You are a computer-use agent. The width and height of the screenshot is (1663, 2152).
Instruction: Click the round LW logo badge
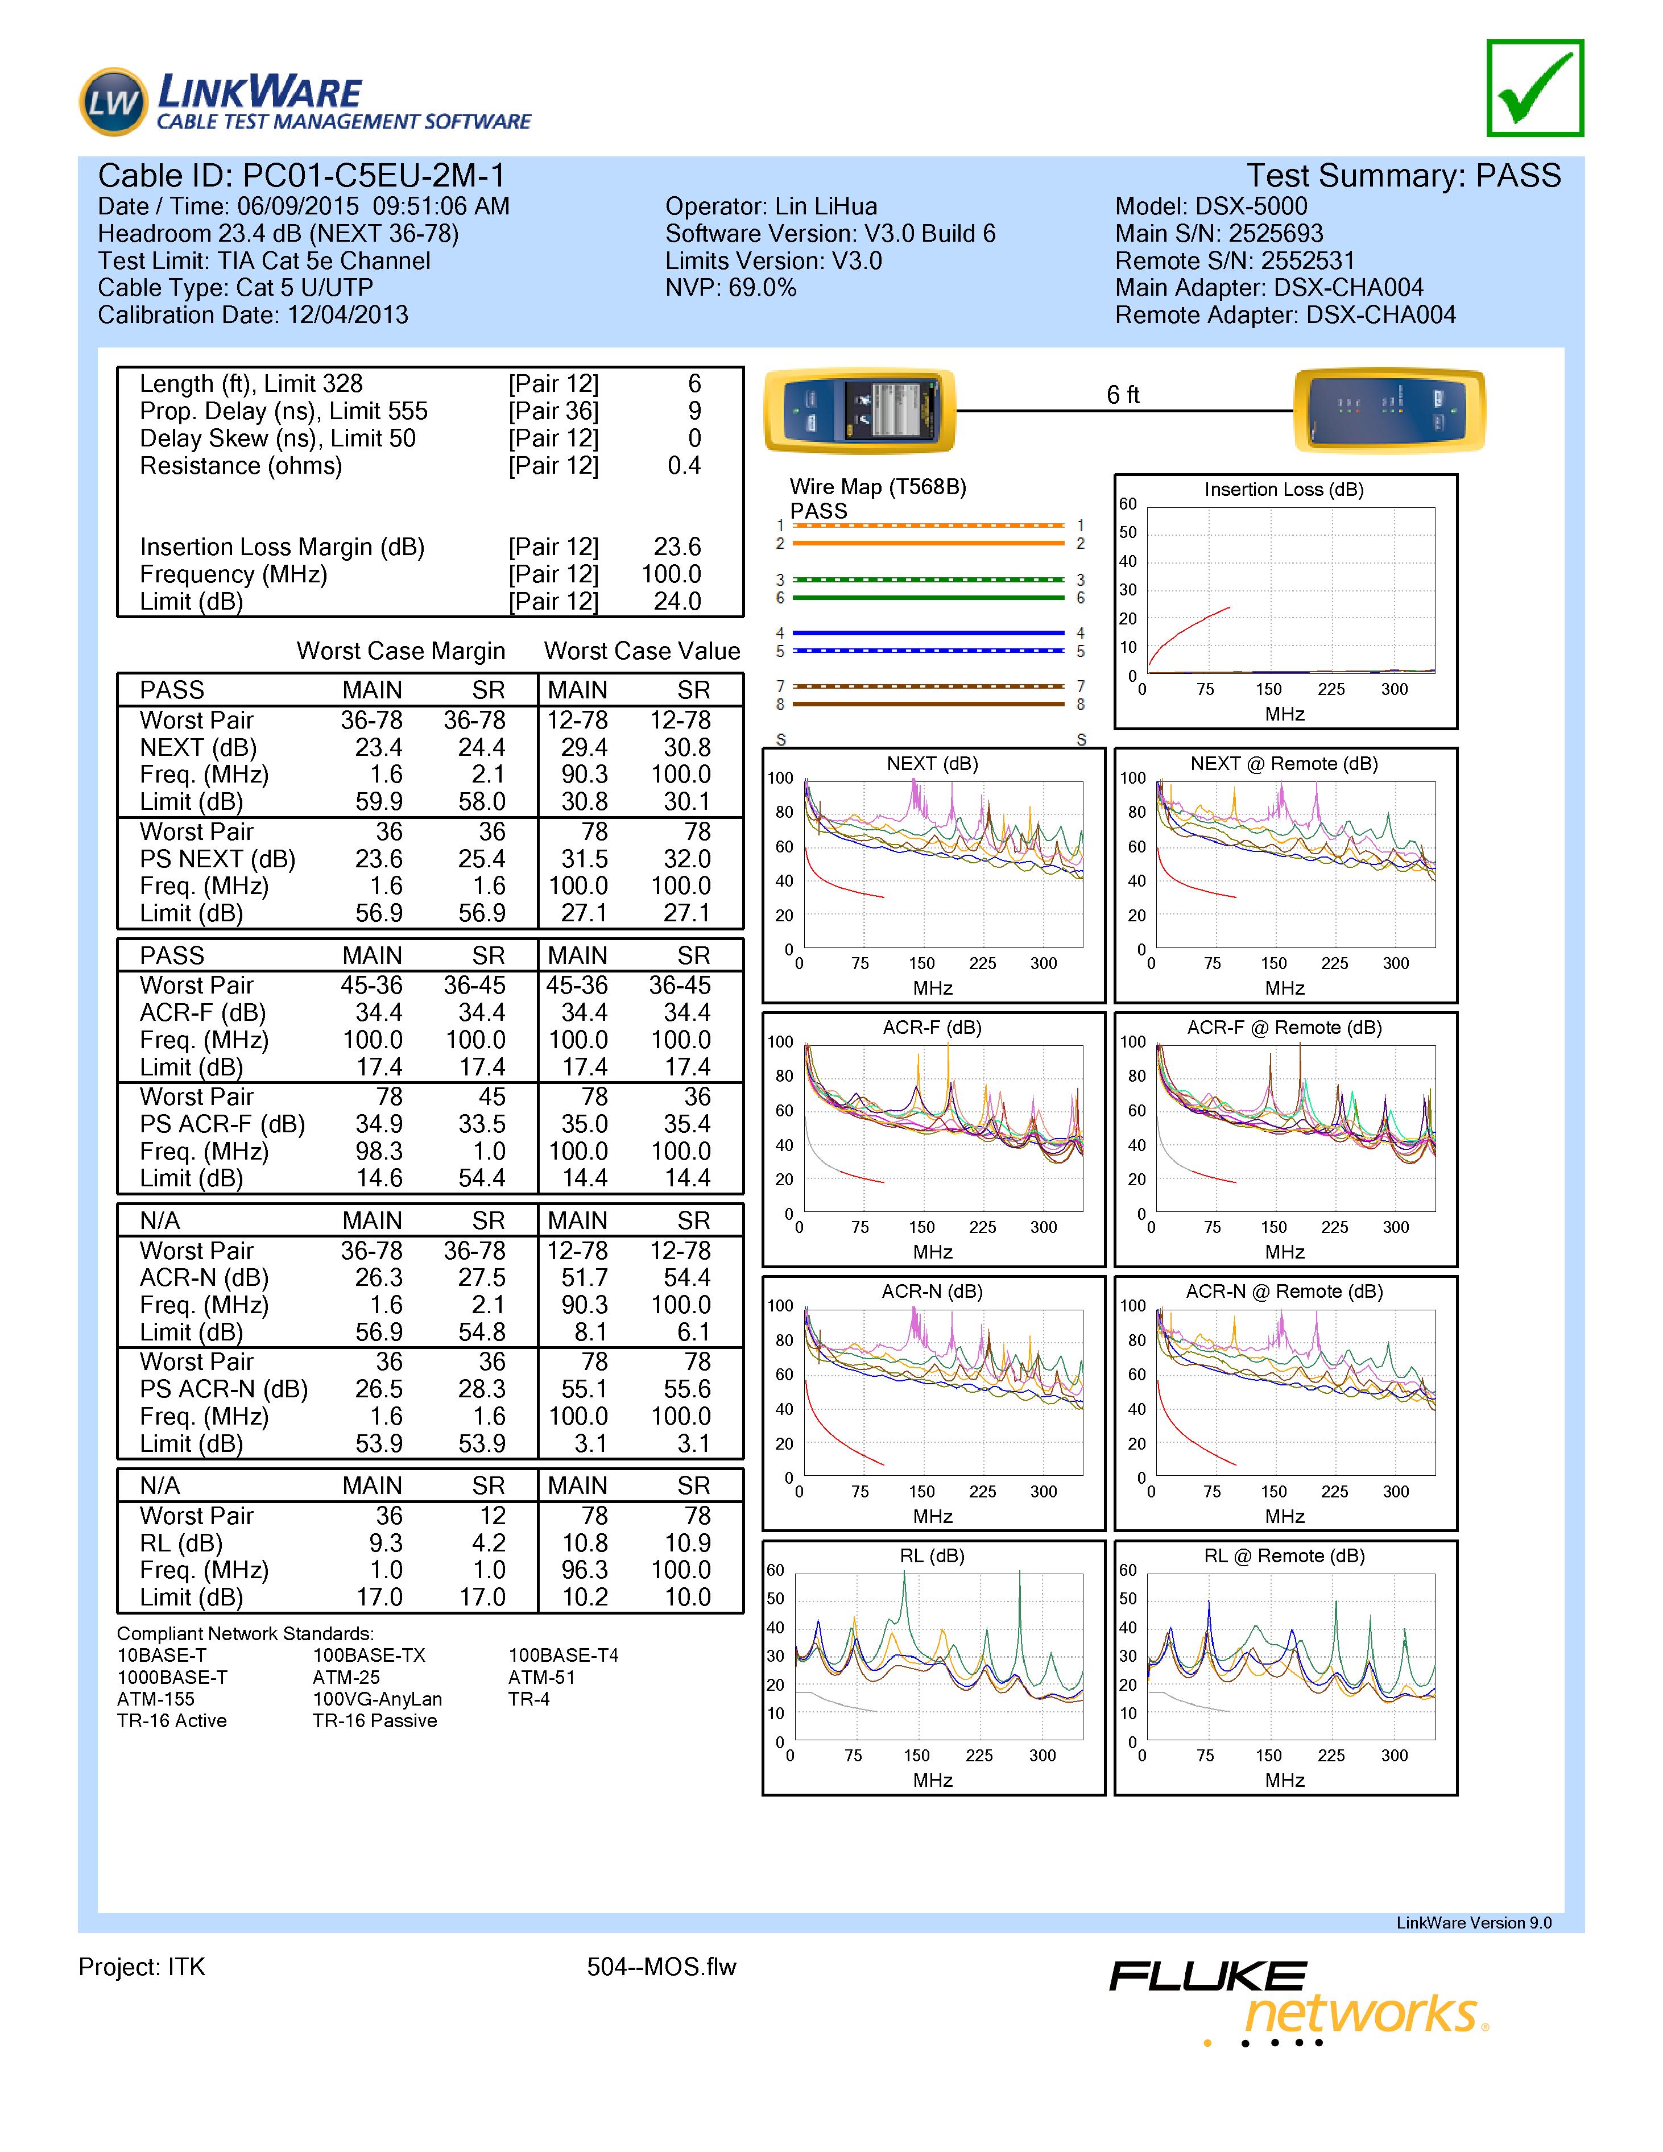(x=113, y=101)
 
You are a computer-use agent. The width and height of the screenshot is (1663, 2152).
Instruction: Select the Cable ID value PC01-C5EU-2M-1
(x=374, y=176)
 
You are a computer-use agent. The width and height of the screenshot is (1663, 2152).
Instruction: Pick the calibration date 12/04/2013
(x=347, y=315)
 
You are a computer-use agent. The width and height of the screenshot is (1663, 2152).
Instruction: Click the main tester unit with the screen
(x=859, y=410)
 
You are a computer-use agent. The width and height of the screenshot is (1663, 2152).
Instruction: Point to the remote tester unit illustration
(x=1388, y=410)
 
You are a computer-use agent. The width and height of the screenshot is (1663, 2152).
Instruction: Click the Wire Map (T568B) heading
(x=877, y=487)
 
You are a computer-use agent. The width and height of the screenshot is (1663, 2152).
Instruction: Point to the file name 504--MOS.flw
(x=661, y=1968)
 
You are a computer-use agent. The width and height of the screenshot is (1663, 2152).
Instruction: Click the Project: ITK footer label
(x=142, y=1968)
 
